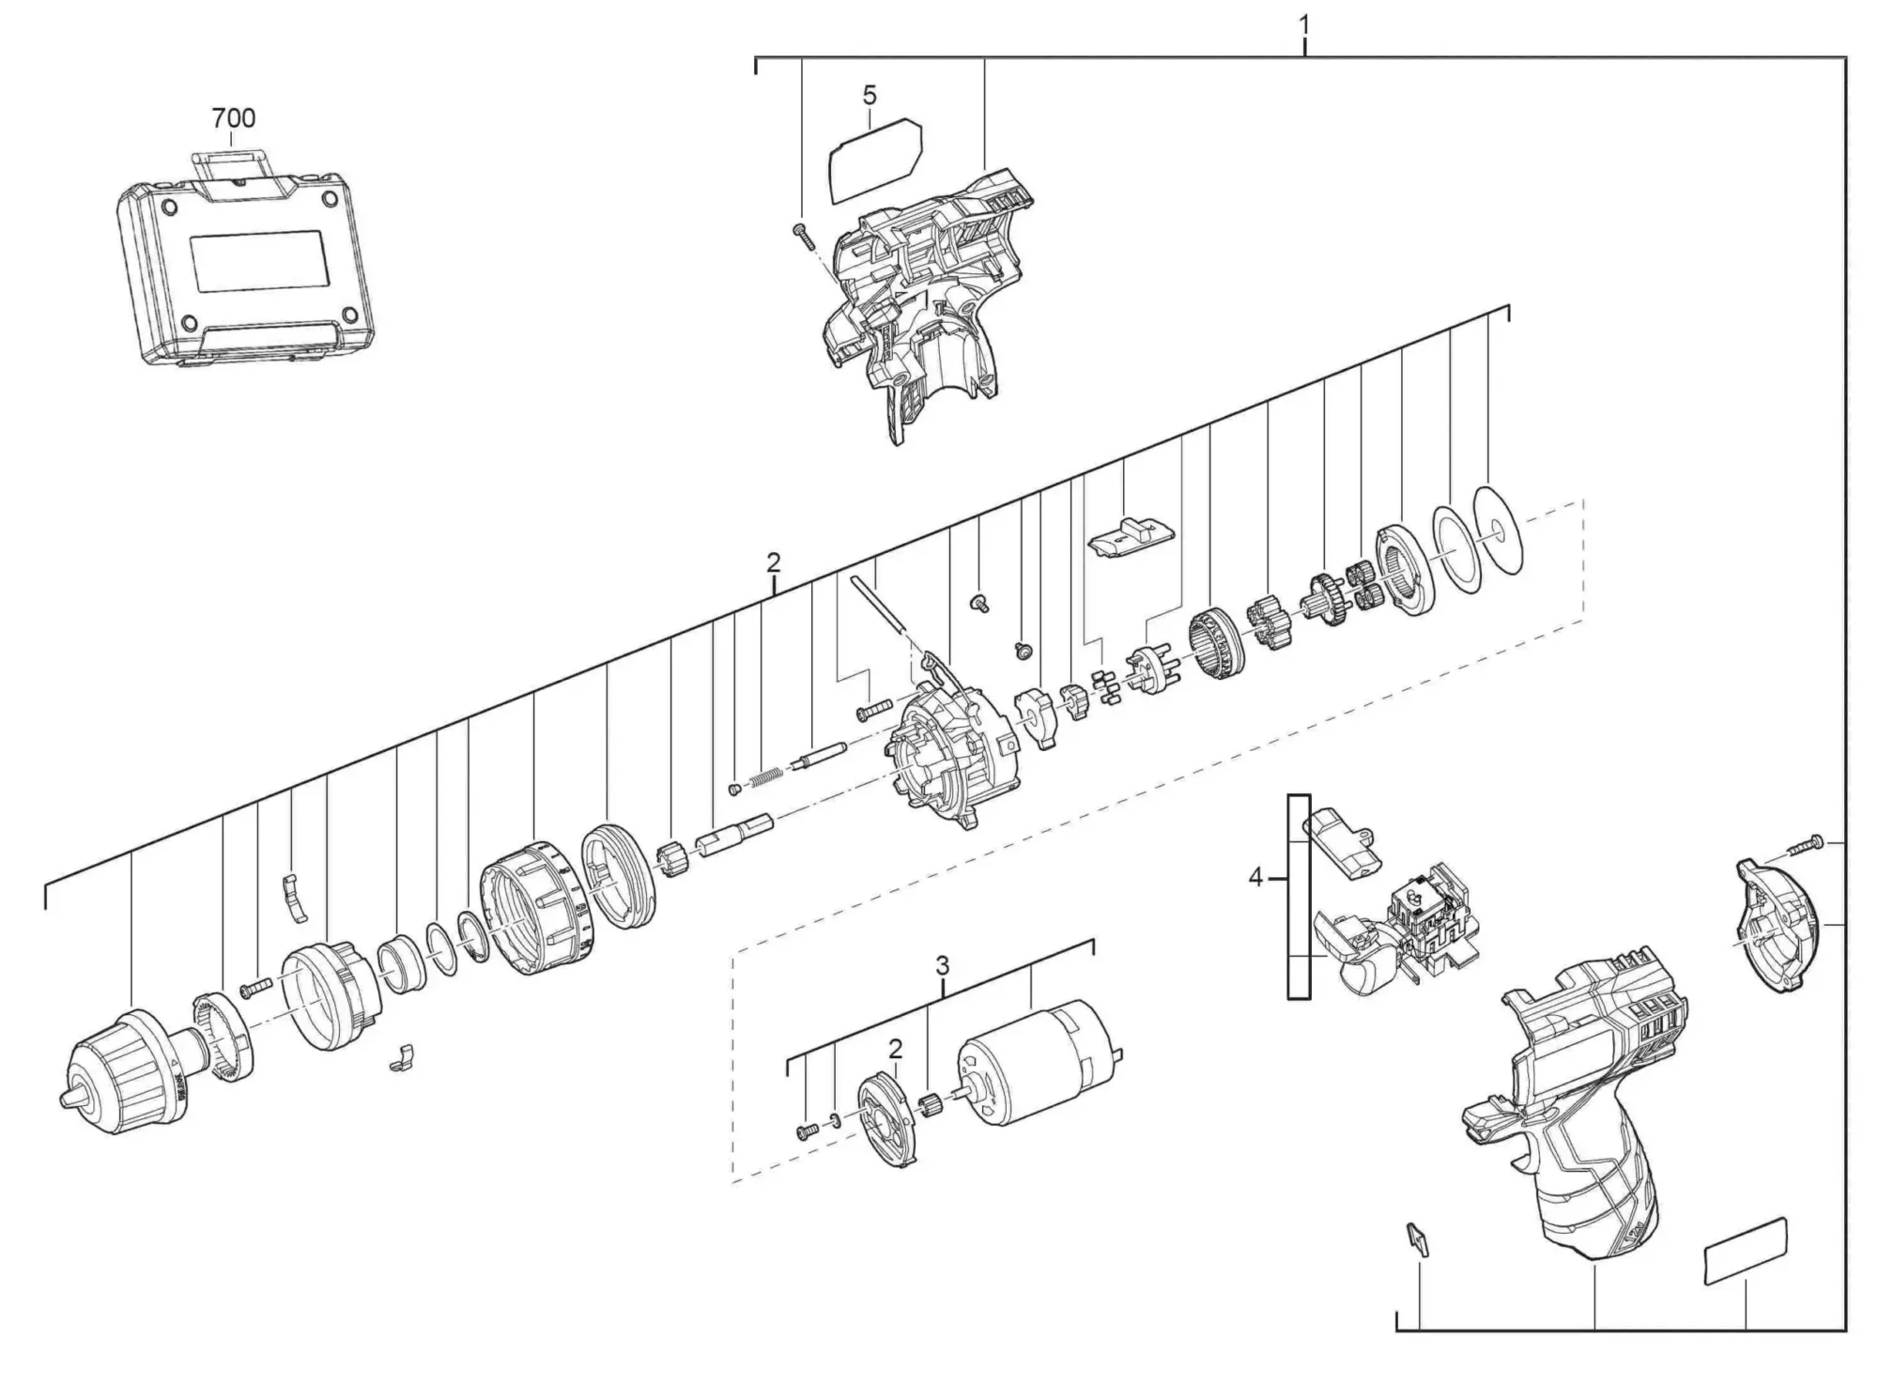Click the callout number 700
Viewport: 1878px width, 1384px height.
click(x=233, y=118)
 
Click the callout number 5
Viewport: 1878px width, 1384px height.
click(x=870, y=95)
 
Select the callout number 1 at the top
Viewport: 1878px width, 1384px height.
click(x=1304, y=24)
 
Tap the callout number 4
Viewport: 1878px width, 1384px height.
click(x=1255, y=878)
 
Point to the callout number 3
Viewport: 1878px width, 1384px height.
click(x=942, y=965)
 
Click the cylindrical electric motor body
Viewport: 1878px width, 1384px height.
click(x=1039, y=1059)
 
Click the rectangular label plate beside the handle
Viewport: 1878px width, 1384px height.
click(x=1746, y=1251)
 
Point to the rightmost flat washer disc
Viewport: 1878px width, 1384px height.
click(x=1499, y=531)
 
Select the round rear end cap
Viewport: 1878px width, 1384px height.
click(x=1775, y=923)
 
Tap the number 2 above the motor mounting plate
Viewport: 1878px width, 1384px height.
click(x=895, y=1049)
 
